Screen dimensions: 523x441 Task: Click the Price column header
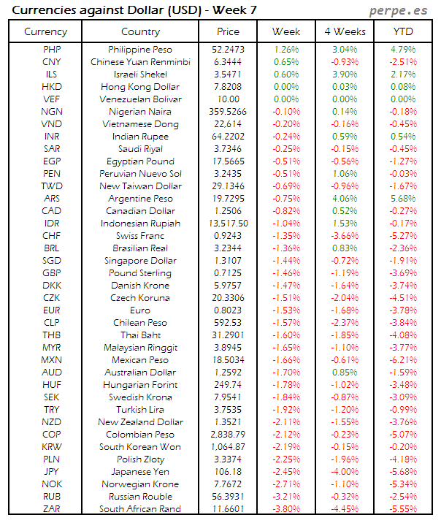pos(228,31)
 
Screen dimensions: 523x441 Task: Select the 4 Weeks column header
pos(344,31)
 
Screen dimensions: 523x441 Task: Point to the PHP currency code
pos(52,50)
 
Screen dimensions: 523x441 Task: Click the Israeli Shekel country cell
pos(140,75)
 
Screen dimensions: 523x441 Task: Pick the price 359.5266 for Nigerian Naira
pos(228,112)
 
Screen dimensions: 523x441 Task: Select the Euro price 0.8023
pos(228,310)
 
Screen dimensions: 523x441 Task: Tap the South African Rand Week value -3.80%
pos(286,509)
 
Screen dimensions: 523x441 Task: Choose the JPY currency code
pos(52,472)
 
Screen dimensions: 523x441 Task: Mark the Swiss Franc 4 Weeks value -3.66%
pos(344,236)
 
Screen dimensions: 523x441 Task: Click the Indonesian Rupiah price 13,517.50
pos(228,224)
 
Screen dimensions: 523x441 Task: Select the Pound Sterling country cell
pos(140,273)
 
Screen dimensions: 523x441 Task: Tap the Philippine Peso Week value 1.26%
pos(286,50)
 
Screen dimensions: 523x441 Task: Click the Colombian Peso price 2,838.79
pos(228,435)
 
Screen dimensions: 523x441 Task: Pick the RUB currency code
pos(52,497)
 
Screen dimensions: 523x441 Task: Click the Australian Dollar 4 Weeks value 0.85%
pos(344,373)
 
